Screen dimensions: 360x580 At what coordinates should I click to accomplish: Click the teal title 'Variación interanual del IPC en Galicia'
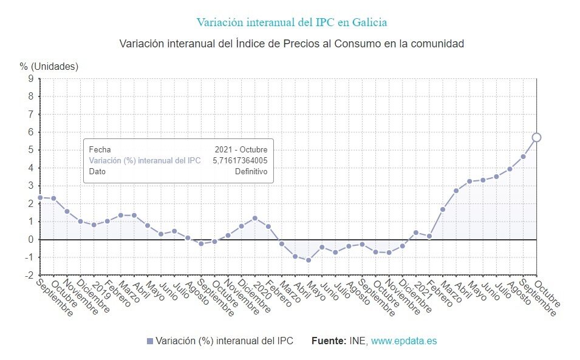pyautogui.click(x=292, y=22)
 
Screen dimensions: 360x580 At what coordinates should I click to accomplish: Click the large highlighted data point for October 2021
pyautogui.click(x=536, y=137)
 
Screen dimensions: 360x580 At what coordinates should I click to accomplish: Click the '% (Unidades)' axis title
pyautogui.click(x=49, y=66)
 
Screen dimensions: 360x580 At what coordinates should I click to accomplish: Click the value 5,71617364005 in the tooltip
pyautogui.click(x=240, y=160)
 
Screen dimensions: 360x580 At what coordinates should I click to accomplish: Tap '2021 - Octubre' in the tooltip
pyautogui.click(x=241, y=149)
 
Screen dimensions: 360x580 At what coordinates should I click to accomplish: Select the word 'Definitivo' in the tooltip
pyautogui.click(x=251, y=171)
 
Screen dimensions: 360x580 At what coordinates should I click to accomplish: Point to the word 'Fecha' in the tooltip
pyautogui.click(x=100, y=149)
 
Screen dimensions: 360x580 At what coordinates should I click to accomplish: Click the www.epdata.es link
pyautogui.click(x=403, y=341)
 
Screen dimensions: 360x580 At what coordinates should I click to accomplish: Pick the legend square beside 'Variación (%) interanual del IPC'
pyautogui.click(x=150, y=341)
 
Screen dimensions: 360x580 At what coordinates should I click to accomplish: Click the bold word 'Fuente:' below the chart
pyautogui.click(x=329, y=341)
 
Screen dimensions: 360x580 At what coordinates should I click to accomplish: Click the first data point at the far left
pyautogui.click(x=40, y=197)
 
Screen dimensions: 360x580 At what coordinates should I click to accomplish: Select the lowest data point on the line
pyautogui.click(x=309, y=260)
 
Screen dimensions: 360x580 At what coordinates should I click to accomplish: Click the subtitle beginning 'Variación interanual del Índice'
pyautogui.click(x=292, y=44)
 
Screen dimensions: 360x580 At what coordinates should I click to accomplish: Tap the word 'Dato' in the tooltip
pyautogui.click(x=97, y=171)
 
